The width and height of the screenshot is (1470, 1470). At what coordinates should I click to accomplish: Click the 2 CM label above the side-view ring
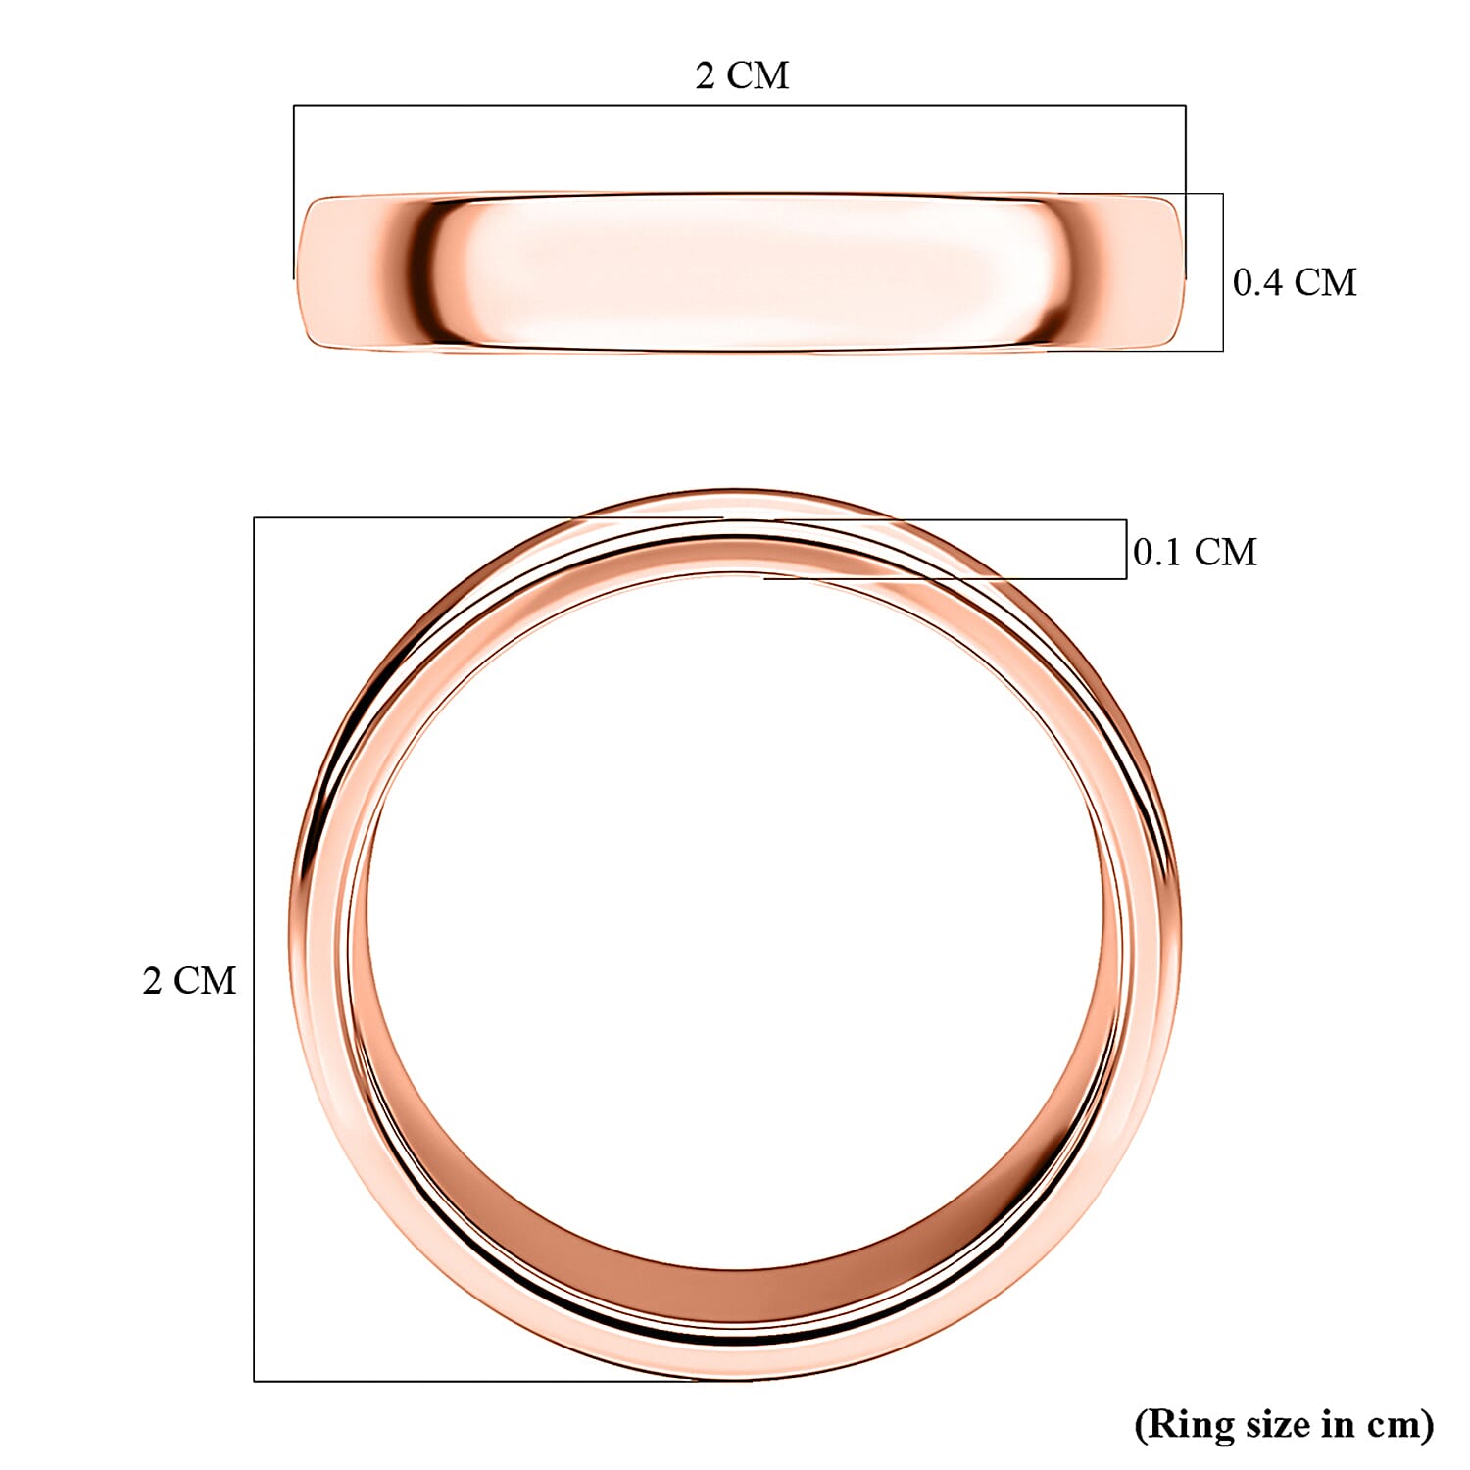tap(742, 75)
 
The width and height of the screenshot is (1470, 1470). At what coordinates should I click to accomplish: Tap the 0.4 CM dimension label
tap(1294, 282)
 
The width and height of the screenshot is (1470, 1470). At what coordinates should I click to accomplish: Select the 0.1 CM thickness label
tap(1195, 552)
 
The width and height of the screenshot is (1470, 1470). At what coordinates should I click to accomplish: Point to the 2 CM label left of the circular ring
tap(189, 980)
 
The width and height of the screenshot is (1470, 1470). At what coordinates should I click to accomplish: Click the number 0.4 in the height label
tap(1257, 282)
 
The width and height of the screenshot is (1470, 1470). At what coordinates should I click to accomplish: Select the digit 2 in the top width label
tap(706, 75)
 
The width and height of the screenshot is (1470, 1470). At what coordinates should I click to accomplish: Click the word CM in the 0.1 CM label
tap(1225, 552)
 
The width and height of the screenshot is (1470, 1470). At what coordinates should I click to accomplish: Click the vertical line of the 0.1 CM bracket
tap(1126, 549)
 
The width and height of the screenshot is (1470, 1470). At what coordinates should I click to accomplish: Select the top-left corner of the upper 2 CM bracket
tap(294, 105)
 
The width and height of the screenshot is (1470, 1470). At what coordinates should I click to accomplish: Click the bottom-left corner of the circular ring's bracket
tap(255, 1381)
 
